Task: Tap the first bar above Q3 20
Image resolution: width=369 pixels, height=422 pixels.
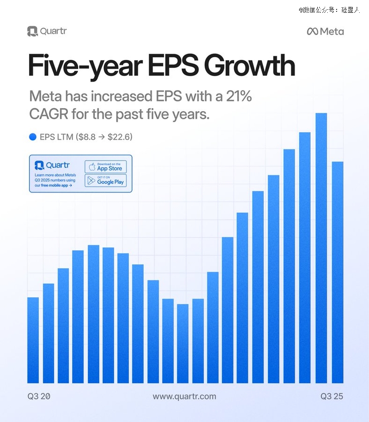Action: [x=33, y=340]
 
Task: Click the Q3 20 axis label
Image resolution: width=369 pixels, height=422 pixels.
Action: [x=39, y=396]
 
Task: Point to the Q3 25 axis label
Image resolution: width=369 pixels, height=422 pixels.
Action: [x=332, y=396]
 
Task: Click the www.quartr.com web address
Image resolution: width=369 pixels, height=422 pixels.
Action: [x=184, y=396]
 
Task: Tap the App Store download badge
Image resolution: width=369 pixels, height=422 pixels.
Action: [x=105, y=166]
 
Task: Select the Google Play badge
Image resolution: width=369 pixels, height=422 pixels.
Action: [x=105, y=180]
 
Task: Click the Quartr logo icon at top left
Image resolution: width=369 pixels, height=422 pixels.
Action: [x=32, y=31]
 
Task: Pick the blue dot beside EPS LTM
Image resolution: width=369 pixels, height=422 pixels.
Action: [x=33, y=137]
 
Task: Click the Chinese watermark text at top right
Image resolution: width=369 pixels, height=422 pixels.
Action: [x=329, y=9]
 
